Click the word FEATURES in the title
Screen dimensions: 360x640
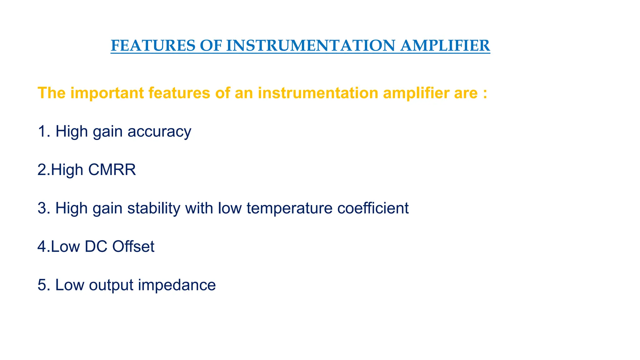click(152, 46)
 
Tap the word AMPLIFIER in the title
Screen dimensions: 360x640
click(445, 46)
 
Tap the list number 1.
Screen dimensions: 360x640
click(42, 131)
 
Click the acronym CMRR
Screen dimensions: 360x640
click(112, 170)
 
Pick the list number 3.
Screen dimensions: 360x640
click(42, 208)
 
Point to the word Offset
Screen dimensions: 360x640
click(133, 247)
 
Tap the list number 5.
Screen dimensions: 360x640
click(42, 285)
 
